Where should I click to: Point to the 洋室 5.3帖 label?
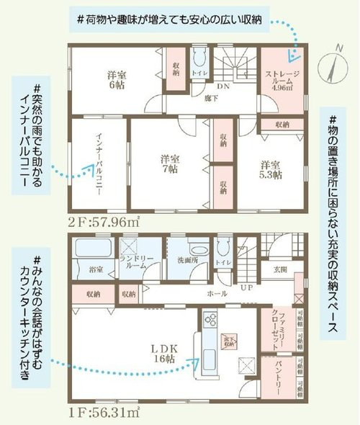point(271,169)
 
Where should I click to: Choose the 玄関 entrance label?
point(279,269)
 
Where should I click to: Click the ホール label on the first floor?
point(216,294)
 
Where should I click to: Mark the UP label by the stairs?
point(246,287)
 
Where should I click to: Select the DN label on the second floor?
point(223,84)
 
